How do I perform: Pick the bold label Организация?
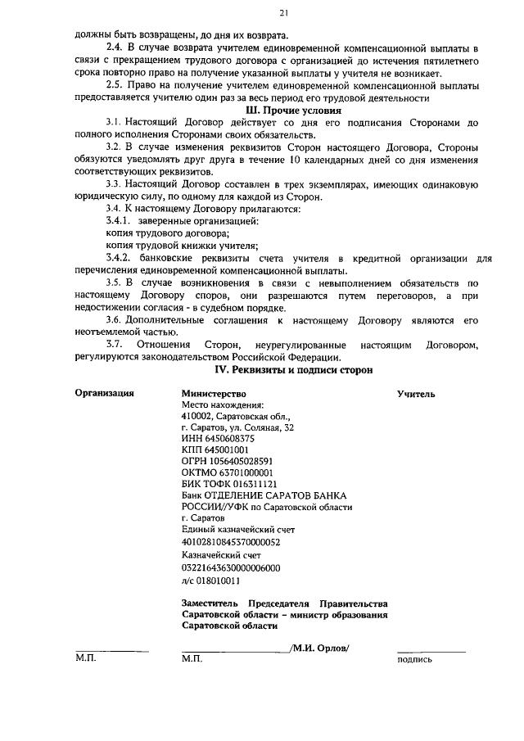(x=105, y=393)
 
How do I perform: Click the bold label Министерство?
(x=215, y=393)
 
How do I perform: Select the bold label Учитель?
(x=416, y=394)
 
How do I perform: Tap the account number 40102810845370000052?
(x=231, y=542)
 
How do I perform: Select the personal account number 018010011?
(x=217, y=580)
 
